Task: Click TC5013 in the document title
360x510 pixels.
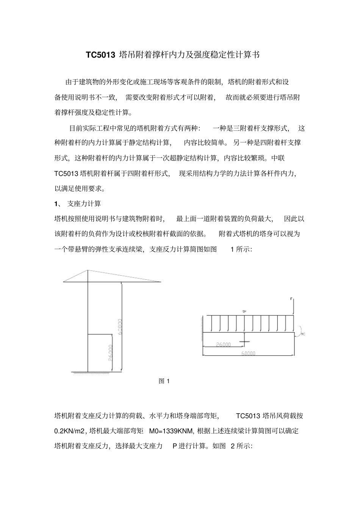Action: pyautogui.click(x=100, y=55)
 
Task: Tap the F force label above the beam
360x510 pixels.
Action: pyautogui.click(x=291, y=300)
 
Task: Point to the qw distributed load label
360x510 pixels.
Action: pyautogui.click(x=245, y=311)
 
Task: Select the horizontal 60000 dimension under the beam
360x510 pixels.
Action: pyautogui.click(x=248, y=353)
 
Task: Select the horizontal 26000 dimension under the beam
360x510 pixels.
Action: pyautogui.click(x=224, y=345)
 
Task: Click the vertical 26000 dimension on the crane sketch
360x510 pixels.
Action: pyautogui.click(x=110, y=353)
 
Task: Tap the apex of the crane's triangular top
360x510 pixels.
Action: pyautogui.click(x=88, y=270)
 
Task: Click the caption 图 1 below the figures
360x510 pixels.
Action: pyautogui.click(x=164, y=381)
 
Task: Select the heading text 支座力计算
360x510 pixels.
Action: pyautogui.click(x=84, y=204)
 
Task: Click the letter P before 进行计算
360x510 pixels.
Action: pyautogui.click(x=175, y=446)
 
